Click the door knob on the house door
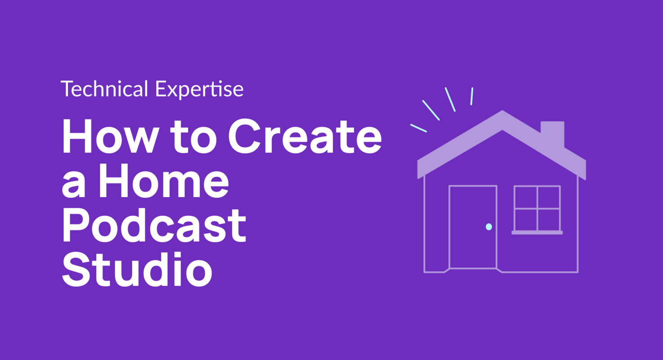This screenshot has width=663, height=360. point(489,227)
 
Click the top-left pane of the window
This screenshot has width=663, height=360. point(526,197)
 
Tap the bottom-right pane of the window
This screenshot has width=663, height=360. point(549,220)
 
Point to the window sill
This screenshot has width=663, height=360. point(537,233)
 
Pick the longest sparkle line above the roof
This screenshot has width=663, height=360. point(430,110)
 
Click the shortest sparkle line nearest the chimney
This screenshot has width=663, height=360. point(471,96)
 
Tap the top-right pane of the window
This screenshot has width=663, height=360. point(549,197)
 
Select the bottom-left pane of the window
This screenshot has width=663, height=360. point(526,220)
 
